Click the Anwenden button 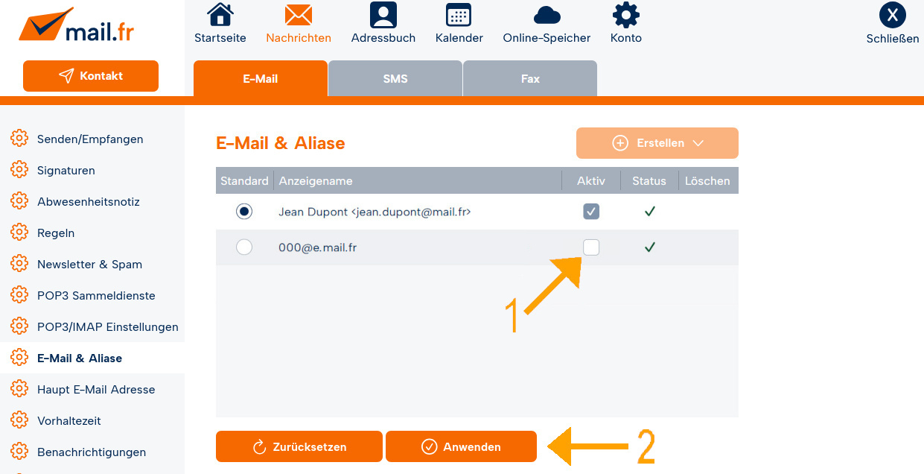461,446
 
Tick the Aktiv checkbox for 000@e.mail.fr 591,247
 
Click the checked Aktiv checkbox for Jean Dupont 591,212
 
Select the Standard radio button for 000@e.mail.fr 244,247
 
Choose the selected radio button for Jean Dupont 244,212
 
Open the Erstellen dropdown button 657,143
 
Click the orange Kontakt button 91,76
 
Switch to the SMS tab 395,78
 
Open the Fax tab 530,78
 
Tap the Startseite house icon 220,15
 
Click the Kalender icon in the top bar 459,15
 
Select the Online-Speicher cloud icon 547,16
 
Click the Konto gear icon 625,15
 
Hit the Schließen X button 892,15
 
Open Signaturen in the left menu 66,171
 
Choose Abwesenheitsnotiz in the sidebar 89,202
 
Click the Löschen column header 707,181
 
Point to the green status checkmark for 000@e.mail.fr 650,247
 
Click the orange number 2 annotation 646,446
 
